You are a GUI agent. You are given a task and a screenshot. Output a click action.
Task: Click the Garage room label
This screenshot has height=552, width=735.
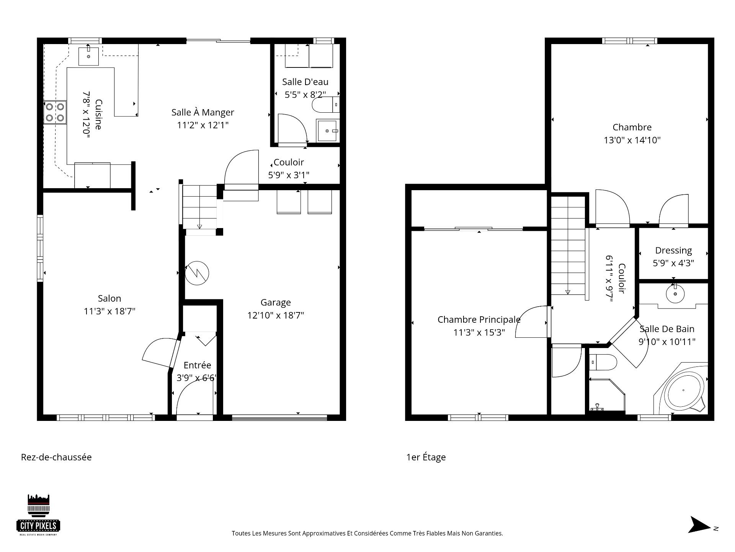276,302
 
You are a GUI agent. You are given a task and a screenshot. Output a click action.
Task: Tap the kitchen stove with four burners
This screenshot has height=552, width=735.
55,112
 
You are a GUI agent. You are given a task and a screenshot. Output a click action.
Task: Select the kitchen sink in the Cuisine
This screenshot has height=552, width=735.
88,56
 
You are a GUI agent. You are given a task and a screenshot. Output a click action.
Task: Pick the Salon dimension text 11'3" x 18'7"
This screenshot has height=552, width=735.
109,311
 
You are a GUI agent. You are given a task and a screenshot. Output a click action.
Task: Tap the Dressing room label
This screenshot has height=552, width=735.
673,251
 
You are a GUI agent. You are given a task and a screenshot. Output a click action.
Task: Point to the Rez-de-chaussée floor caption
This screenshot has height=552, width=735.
56,457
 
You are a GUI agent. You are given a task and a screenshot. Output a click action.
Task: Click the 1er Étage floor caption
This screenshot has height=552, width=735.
426,457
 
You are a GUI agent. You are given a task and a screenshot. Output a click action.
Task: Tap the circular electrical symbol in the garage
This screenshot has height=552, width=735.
197,273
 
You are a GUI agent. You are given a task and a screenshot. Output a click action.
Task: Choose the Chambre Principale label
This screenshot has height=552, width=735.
479,319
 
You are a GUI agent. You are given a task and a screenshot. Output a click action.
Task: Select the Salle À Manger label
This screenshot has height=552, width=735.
203,112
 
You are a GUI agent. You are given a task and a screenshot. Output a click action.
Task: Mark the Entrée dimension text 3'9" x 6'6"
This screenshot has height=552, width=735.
196,378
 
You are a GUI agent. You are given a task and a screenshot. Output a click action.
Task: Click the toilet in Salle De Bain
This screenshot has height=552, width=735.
603,362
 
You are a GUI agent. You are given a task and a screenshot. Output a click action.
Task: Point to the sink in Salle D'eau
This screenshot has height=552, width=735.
328,131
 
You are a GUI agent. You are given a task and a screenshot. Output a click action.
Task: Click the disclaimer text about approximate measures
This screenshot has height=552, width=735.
367,533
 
